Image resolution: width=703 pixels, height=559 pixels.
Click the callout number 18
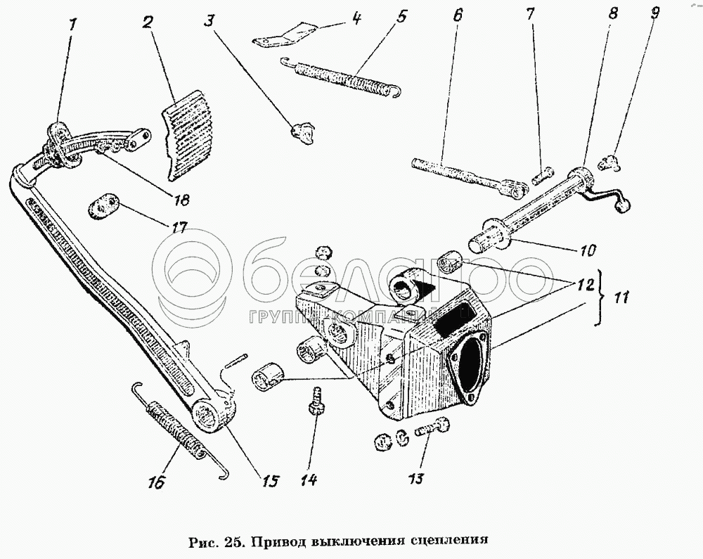pos(181,200)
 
